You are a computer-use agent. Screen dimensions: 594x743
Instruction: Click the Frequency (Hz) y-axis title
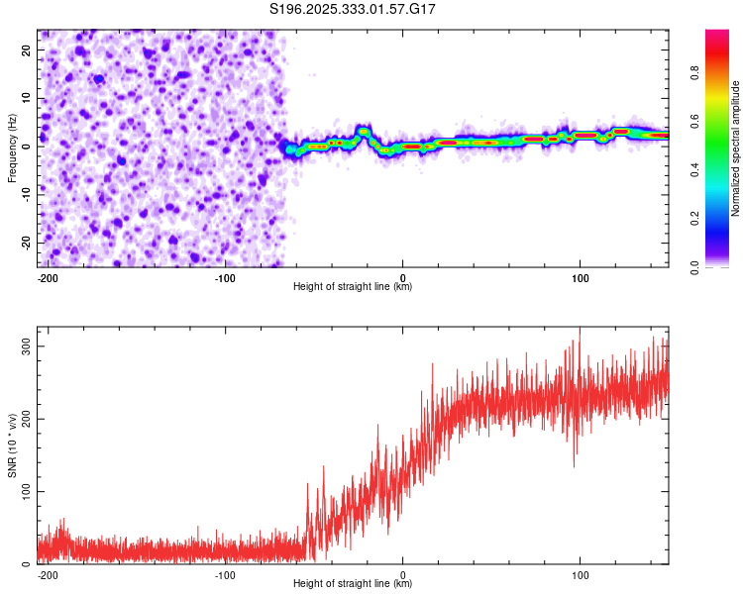(12, 148)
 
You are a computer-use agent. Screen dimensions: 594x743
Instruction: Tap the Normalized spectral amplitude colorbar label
(735, 148)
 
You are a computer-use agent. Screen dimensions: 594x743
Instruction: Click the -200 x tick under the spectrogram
(47, 277)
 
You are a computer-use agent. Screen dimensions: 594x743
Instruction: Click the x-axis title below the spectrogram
(353, 287)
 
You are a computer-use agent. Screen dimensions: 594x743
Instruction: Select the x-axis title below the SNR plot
(353, 584)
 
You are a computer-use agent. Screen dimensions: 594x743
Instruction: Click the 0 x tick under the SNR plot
(402, 574)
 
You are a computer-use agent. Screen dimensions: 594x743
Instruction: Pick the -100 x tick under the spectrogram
(225, 277)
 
